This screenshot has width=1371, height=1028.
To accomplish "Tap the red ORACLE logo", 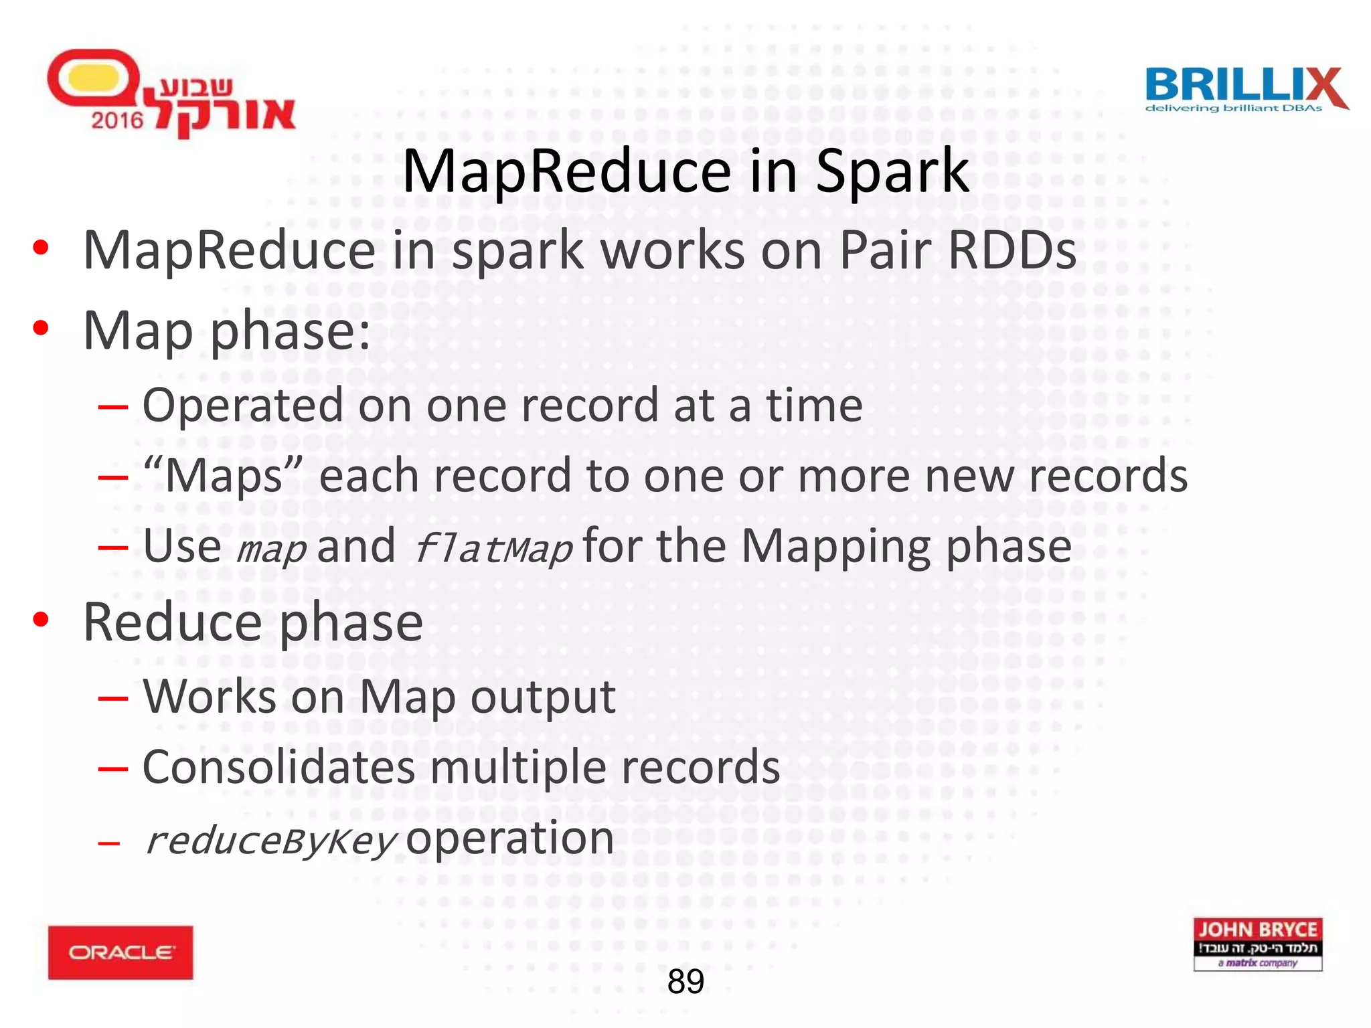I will (x=120, y=952).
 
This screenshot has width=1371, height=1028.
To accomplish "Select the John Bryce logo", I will (x=1257, y=944).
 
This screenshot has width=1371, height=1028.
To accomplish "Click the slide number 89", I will (x=685, y=982).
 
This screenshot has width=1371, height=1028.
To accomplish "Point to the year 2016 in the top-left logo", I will (x=117, y=120).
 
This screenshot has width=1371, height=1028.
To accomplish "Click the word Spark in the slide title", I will (x=892, y=171).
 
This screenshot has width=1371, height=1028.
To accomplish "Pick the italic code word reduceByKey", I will (x=271, y=841).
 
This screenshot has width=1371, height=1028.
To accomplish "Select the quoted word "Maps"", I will (x=224, y=475).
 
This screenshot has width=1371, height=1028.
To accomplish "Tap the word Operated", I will (x=242, y=406).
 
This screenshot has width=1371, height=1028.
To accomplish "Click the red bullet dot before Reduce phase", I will (x=41, y=620).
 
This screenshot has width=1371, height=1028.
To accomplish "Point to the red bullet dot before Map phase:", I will (x=41, y=328).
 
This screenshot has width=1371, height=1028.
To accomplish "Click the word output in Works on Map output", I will (x=542, y=697).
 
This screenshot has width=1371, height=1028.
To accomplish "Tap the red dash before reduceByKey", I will (x=109, y=842).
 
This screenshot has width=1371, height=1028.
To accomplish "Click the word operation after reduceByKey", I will (x=510, y=838).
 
